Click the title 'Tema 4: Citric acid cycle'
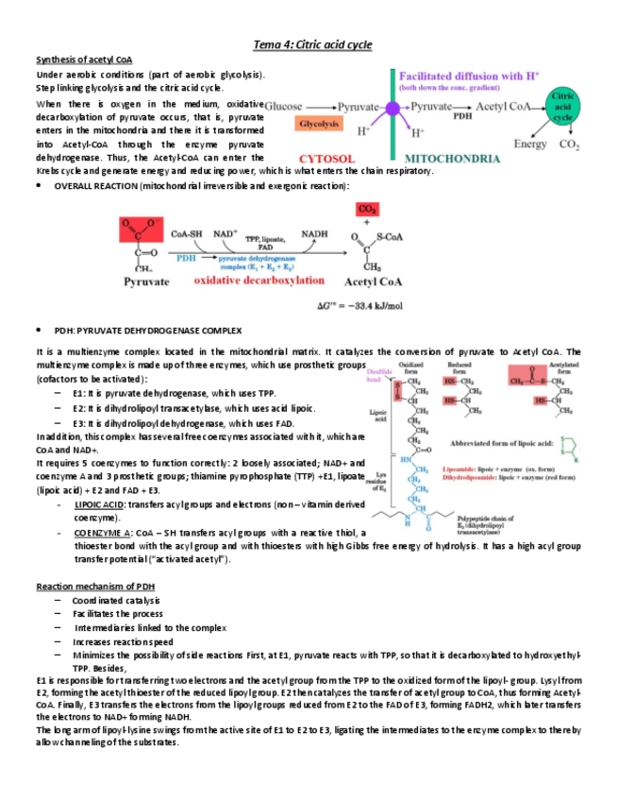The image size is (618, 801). [313, 44]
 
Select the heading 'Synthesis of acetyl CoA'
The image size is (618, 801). [84, 60]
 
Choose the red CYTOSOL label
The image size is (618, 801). [326, 160]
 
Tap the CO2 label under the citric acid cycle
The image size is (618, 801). [569, 145]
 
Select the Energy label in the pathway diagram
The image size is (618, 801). [530, 145]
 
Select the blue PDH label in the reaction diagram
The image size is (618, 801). [187, 255]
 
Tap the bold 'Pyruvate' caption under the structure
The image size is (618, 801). [147, 281]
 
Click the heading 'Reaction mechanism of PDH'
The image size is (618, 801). [96, 587]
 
